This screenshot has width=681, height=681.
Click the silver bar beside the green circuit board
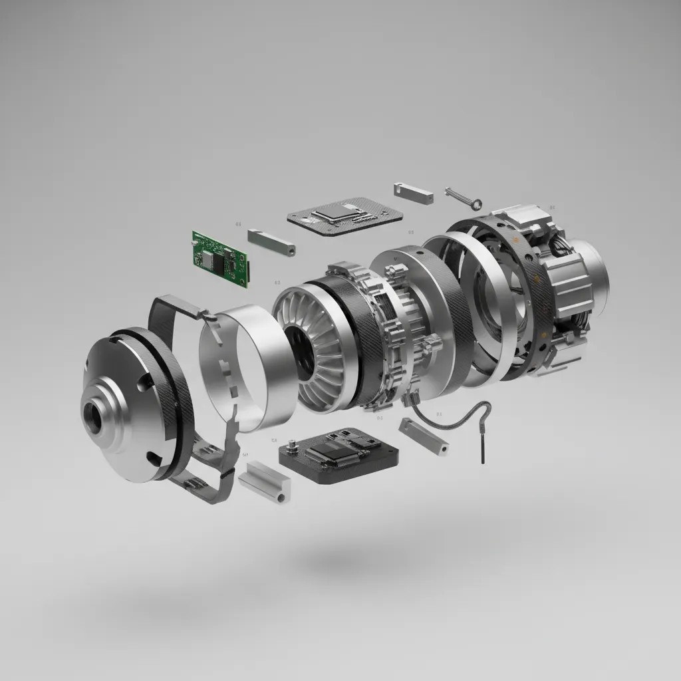pos(271,243)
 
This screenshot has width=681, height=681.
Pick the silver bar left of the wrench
pos(413,191)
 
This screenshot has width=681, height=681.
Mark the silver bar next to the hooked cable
pos(424,436)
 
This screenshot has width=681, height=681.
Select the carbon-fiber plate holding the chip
pos(346,217)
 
